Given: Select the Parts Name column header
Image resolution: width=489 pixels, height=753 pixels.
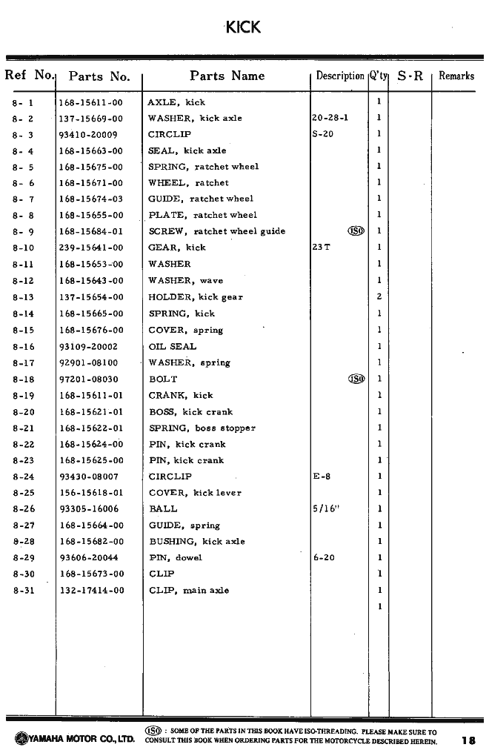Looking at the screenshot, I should tap(227, 76).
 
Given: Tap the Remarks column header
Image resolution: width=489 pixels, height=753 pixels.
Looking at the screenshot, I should tap(456, 76).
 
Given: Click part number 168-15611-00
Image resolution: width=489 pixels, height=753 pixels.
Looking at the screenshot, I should tap(91, 102).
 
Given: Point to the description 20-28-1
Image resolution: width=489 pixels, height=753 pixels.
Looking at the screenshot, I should tap(330, 118).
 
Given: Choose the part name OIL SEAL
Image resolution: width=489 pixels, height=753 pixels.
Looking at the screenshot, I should tap(173, 346).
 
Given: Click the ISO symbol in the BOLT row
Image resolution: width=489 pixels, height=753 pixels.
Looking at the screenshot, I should tap(356, 379).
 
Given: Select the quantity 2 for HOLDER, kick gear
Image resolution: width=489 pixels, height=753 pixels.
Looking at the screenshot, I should tap(379, 296).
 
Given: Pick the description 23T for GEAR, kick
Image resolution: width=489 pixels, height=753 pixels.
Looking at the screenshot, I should tap(322, 248).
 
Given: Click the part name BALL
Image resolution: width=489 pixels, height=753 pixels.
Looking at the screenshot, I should tap(163, 509).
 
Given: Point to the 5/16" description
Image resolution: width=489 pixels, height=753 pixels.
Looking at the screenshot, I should tap(325, 509).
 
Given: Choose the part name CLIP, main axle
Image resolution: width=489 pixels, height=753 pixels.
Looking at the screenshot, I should tap(189, 590).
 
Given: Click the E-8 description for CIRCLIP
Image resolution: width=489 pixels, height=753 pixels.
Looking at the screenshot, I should tap(322, 477).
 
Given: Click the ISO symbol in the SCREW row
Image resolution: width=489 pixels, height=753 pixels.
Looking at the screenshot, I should tap(356, 231).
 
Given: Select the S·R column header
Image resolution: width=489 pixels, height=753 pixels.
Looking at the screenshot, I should tap(410, 76).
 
